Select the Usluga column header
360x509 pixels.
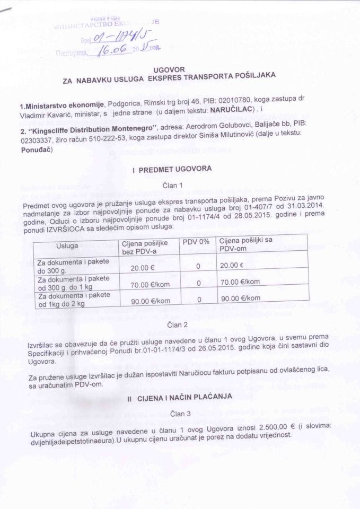point(67,245)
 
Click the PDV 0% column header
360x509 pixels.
point(197,242)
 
